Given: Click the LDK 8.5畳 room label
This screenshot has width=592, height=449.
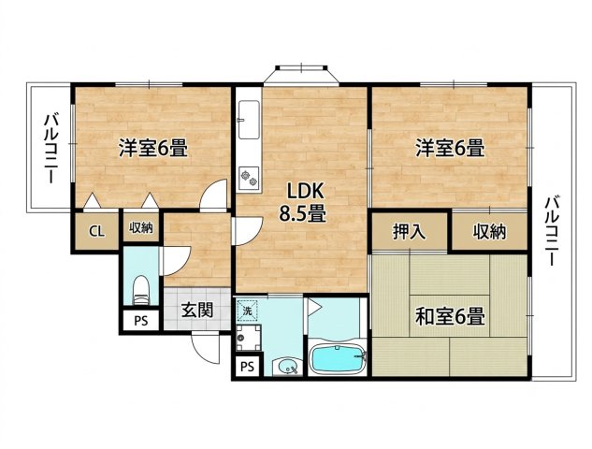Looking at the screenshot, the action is click(302, 202).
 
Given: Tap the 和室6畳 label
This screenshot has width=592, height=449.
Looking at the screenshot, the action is click(450, 316).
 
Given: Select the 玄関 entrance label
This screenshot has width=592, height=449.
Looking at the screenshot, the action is click(197, 310).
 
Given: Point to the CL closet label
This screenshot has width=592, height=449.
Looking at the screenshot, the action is click(96, 231).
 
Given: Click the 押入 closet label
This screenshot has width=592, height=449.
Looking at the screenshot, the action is click(410, 231).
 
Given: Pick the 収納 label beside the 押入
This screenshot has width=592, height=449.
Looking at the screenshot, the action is click(490, 231).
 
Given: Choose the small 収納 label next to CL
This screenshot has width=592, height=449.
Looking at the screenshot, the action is click(141, 227).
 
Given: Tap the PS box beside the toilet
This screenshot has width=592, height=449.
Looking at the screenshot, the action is click(141, 322).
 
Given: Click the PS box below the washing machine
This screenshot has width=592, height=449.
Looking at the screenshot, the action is click(247, 367).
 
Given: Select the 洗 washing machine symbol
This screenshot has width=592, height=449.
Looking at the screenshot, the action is click(247, 311).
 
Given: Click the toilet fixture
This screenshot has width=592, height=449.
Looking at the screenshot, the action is click(141, 290).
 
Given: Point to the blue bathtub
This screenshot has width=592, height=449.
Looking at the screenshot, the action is click(338, 358).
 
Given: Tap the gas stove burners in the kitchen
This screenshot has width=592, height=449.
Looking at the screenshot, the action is click(249, 178).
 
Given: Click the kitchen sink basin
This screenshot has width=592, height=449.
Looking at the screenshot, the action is click(249, 120).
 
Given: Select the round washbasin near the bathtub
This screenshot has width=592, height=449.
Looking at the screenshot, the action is click(287, 367).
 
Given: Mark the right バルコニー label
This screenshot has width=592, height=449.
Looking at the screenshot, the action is click(552, 230).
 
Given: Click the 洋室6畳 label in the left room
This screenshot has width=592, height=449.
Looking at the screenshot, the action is click(153, 148).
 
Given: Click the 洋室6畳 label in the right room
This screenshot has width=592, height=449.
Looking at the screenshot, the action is click(450, 148).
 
